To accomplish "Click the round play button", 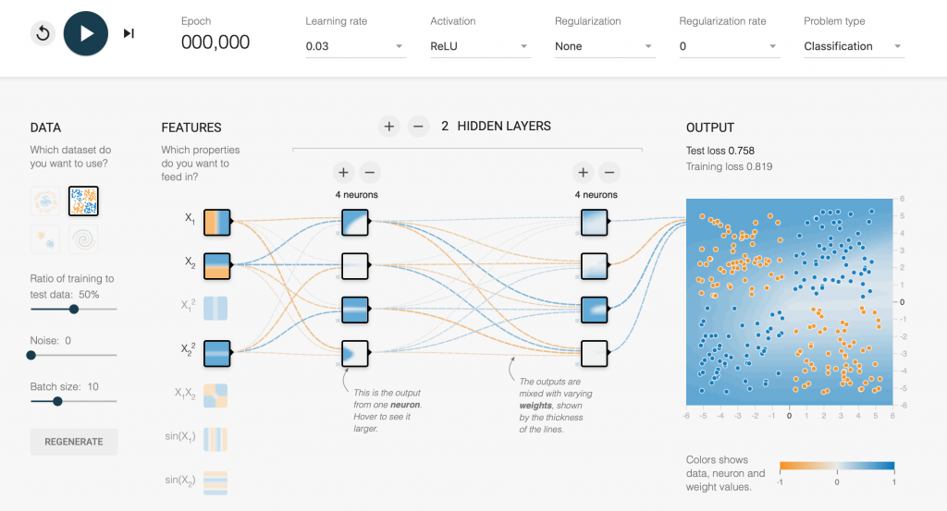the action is coord(86,33).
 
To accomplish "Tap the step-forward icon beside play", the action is coord(129,33).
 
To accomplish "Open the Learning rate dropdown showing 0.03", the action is coord(355,46).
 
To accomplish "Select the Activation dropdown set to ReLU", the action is coord(480,46).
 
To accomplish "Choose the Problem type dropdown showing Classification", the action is coord(854,46).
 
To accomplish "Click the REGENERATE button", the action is coord(74,442).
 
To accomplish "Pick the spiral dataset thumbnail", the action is coord(83,239).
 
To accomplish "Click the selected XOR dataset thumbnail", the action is coord(83,201).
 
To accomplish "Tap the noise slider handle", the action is coord(31,356).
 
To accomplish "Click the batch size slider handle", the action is coord(57,401).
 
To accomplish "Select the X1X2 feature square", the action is coord(215,395).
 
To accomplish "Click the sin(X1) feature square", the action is coord(215,439).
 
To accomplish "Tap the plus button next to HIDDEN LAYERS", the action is coord(389,127).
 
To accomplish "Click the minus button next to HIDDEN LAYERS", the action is coord(418,127).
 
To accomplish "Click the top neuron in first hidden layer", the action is coord(355,222).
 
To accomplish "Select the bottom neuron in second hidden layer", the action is coord(595,354).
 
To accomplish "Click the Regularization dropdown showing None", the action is coord(605,46).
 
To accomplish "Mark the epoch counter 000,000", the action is coord(215,43).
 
